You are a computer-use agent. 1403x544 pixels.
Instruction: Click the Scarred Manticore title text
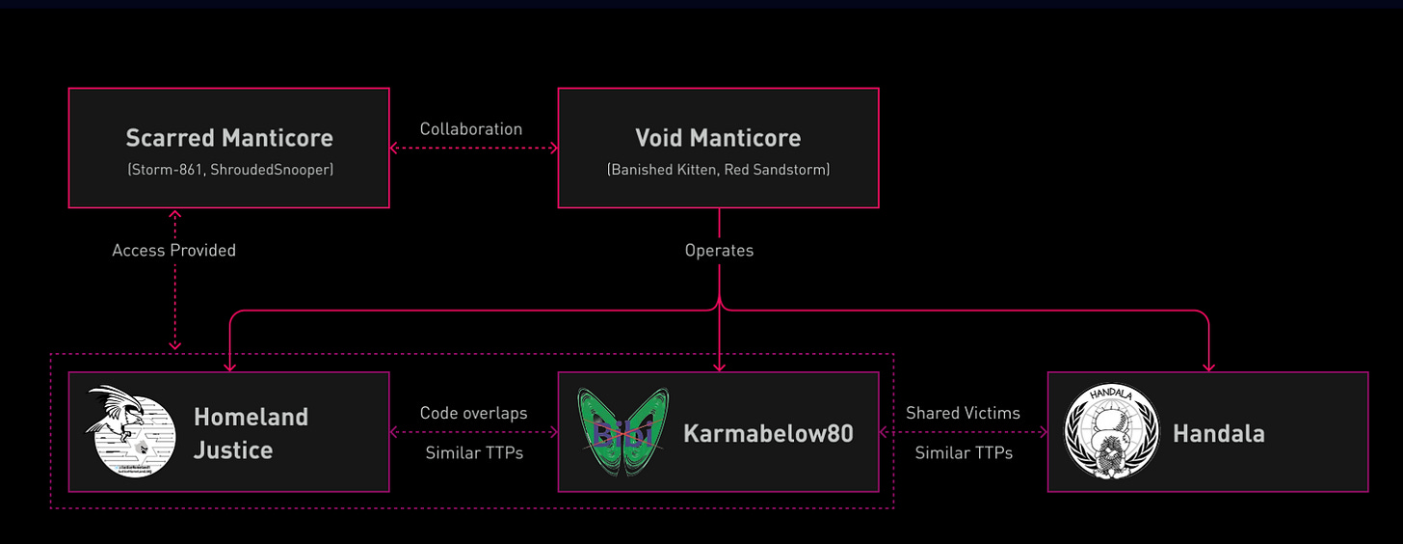pyautogui.click(x=229, y=138)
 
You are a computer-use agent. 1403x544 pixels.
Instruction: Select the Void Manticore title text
pyautogui.click(x=718, y=138)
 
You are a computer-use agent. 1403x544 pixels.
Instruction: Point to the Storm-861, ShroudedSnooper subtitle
pyautogui.click(x=229, y=170)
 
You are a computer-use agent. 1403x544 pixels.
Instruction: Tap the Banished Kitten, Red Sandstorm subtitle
pyautogui.click(x=718, y=170)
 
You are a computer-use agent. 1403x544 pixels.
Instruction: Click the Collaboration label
pyautogui.click(x=471, y=129)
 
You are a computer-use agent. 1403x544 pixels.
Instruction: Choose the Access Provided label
pyautogui.click(x=173, y=250)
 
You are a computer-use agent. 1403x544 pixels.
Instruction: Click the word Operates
pyautogui.click(x=719, y=250)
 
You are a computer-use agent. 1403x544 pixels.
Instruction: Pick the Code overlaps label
pyautogui.click(x=473, y=413)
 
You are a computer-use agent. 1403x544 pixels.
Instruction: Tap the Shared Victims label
pyautogui.click(x=963, y=413)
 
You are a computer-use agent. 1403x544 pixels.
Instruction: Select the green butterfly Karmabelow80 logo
pyautogui.click(x=622, y=431)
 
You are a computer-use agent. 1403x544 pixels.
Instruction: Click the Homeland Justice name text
pyautogui.click(x=251, y=433)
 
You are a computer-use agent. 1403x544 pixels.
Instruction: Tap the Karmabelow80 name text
pyautogui.click(x=768, y=433)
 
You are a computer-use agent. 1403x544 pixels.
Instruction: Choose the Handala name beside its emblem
pyautogui.click(x=1218, y=433)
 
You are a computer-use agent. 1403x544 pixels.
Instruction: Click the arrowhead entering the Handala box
pyautogui.click(x=1208, y=367)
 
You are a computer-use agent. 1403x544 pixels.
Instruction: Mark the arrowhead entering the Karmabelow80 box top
pyautogui.click(x=719, y=367)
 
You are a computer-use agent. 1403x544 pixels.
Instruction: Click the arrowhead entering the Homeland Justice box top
pyautogui.click(x=229, y=367)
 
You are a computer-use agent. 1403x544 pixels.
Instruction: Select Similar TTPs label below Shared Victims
pyautogui.click(x=963, y=452)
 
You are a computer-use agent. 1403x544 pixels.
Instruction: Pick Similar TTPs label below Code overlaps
pyautogui.click(x=473, y=452)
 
